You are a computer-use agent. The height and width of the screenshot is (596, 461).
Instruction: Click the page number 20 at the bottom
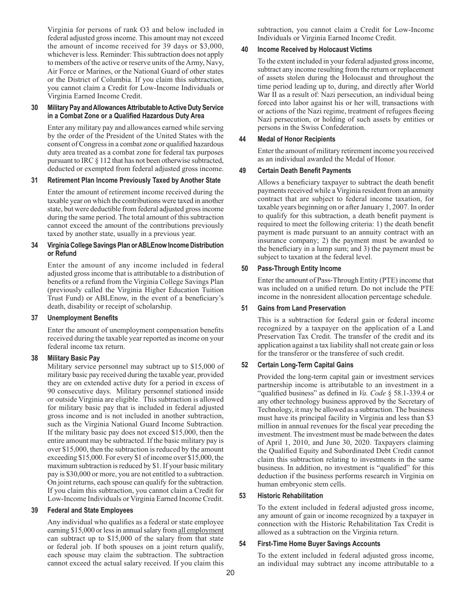[230, 573]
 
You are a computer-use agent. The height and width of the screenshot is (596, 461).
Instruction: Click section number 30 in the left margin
[34, 108]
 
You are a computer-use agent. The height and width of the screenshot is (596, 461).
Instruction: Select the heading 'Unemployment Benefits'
[82, 318]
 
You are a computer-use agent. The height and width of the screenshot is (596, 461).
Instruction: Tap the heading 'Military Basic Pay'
[73, 358]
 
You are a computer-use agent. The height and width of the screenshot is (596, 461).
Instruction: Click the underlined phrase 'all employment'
[201, 530]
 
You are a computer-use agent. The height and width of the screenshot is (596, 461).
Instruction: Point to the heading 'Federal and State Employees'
[90, 510]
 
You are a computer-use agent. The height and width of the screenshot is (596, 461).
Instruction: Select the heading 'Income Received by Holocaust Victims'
[314, 49]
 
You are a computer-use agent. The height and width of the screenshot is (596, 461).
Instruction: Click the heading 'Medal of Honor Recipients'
[296, 139]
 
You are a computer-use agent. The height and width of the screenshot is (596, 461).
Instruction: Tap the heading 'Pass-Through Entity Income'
[299, 268]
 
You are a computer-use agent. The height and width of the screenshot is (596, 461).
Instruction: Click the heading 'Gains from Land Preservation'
[301, 308]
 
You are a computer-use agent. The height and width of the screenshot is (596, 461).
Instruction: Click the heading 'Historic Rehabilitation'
[290, 496]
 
